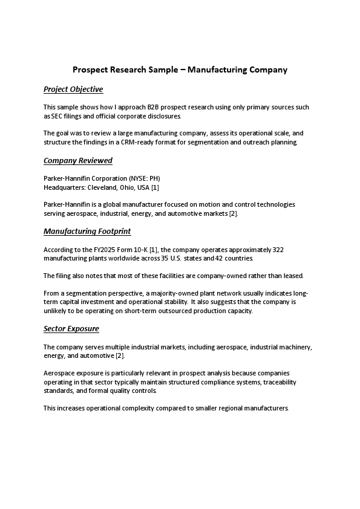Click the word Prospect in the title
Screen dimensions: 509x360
(90, 70)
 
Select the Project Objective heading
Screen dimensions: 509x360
(73, 89)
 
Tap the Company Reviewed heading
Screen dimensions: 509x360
(78, 161)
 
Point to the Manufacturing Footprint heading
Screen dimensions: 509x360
(87, 232)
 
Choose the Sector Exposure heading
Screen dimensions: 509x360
(71, 329)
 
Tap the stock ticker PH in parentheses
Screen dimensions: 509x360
(153, 178)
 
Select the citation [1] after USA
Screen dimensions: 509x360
(155, 187)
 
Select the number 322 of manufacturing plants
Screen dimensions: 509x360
(278, 249)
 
